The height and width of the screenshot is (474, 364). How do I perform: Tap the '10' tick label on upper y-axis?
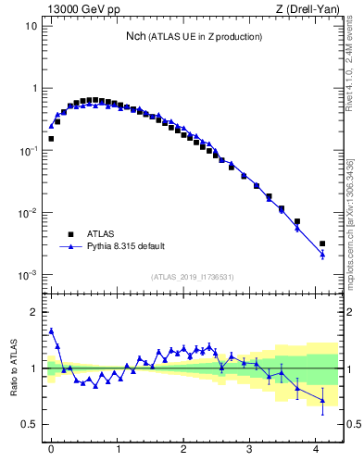pyautogui.click(x=31, y=26)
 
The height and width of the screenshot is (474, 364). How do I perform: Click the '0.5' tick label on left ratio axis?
pyautogui.click(x=29, y=425)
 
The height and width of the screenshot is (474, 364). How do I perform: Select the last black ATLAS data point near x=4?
pyautogui.click(x=322, y=243)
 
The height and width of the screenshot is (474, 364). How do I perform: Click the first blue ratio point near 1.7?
pyautogui.click(x=51, y=331)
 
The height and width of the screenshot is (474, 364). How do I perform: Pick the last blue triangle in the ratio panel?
pyautogui.click(x=322, y=400)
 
